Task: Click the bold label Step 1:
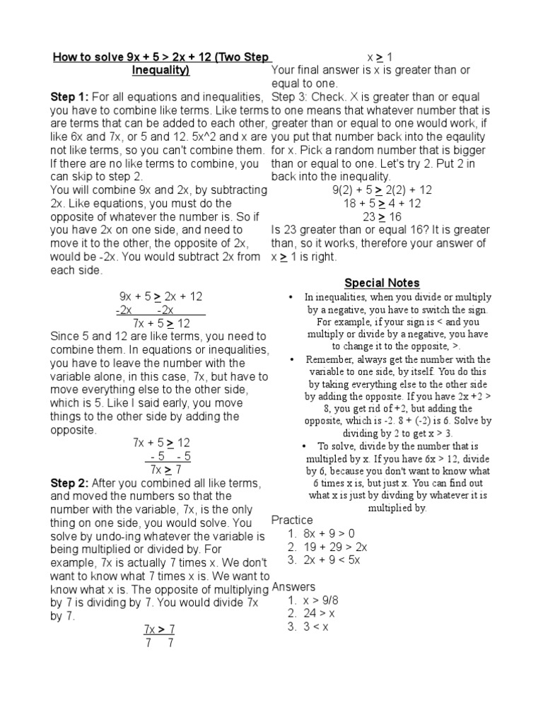click(69, 97)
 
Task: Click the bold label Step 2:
click(69, 483)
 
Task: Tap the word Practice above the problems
click(292, 521)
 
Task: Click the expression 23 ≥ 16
click(382, 217)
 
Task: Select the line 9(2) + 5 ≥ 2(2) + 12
click(382, 190)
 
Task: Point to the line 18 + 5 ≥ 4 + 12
click(382, 204)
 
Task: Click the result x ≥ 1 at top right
click(380, 57)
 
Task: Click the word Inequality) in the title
click(160, 71)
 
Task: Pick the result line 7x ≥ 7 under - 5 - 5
click(167, 470)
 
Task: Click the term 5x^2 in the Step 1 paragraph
click(189, 137)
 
